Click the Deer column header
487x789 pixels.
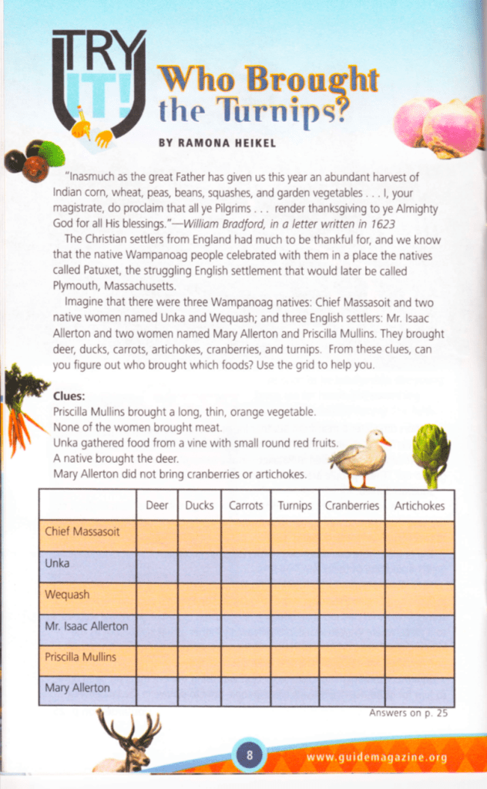(156, 506)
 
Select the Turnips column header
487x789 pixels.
(294, 506)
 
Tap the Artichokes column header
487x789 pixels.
(419, 506)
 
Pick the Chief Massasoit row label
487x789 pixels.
(82, 532)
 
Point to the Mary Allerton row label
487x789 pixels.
(77, 688)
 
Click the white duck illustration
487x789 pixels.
(358, 458)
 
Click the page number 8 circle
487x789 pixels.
(249, 755)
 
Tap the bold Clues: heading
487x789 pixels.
(69, 396)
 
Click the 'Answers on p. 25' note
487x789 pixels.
(408, 713)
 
